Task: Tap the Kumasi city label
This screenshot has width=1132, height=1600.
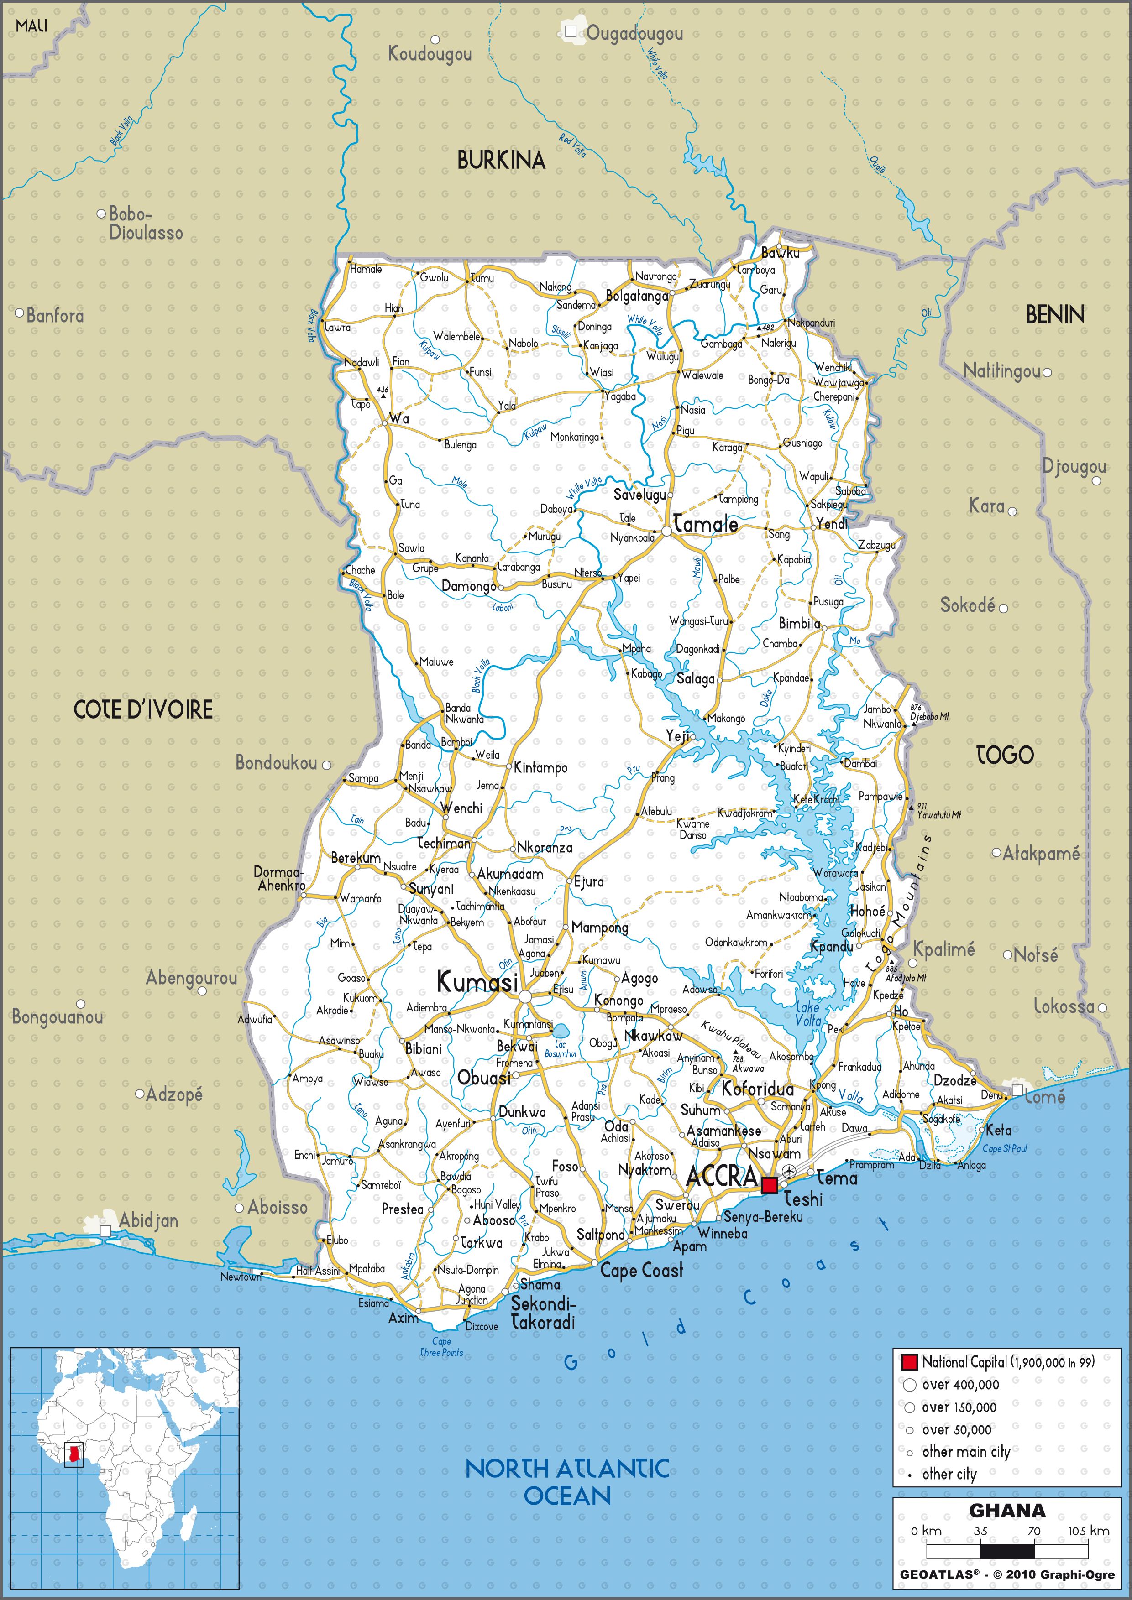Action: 477,983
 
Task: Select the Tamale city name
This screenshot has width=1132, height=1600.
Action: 705,524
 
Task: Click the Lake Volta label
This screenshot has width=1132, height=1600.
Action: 808,1013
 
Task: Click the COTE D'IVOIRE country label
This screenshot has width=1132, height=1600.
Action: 144,710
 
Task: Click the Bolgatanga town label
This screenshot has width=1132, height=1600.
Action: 636,296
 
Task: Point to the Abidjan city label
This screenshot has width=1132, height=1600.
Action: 148,1220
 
